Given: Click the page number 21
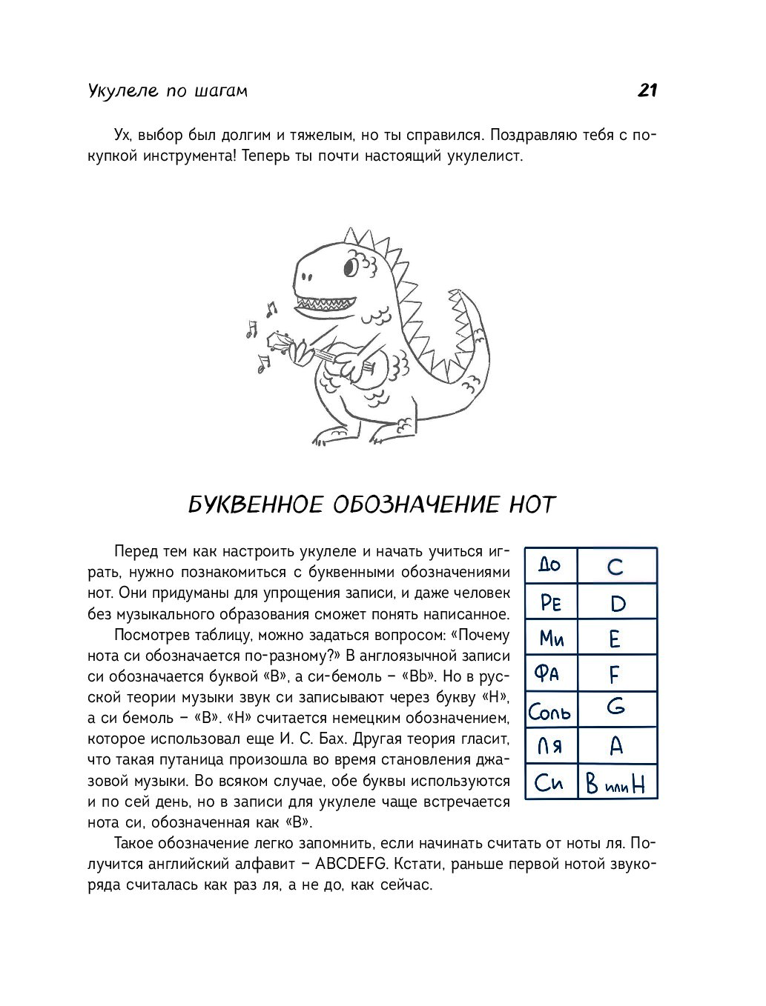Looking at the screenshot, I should pos(647,90).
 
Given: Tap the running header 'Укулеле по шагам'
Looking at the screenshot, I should pos(168,91).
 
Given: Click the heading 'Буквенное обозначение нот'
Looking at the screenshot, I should pos(372,505).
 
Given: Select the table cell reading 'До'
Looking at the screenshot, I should pos(550,566).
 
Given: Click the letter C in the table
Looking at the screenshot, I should pos(615,567).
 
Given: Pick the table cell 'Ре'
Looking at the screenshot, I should pos(551,602).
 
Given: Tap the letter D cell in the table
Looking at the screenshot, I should pos(617,603).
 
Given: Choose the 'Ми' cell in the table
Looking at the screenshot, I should pos(551,638).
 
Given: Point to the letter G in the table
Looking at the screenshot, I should pos(615,708).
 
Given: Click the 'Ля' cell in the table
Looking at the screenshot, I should pos(550,746).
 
